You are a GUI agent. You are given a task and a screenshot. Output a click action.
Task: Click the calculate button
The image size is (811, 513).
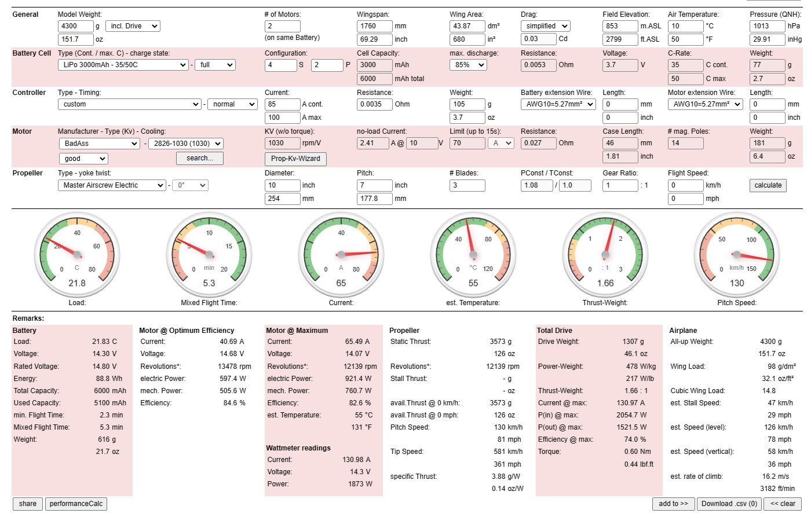pos(768,185)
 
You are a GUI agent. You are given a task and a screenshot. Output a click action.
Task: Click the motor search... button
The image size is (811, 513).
pos(199,158)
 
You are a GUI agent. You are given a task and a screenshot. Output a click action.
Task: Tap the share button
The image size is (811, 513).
pos(28,504)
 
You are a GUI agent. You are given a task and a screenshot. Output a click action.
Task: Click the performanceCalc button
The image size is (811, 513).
pos(76,504)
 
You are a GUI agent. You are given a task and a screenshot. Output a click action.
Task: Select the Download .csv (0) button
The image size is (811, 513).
pos(729,504)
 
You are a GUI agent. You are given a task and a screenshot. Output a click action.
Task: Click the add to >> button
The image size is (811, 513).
pos(673,504)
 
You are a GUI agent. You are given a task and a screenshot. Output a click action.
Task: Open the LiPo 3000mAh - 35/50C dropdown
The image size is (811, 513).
pos(123,65)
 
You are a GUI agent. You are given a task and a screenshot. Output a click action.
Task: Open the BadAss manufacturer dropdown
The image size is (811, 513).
pos(99,143)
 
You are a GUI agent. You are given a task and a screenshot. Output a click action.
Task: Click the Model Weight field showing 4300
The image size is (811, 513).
pos(75,26)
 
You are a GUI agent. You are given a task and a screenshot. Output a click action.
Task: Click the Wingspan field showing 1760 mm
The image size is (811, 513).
pos(374,26)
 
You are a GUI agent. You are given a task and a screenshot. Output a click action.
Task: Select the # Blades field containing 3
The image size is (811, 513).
pos(467,185)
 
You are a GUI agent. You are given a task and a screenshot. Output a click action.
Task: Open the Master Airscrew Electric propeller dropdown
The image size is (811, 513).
pos(112,185)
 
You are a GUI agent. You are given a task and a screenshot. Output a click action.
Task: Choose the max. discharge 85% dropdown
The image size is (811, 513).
pos(468,65)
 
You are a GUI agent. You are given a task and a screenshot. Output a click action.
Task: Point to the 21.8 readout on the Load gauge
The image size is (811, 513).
pos(77,283)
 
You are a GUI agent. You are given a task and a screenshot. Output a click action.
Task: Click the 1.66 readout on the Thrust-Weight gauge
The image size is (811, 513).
pos(605,283)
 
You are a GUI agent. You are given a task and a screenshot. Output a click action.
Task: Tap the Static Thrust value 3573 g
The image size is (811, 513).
pos(501,342)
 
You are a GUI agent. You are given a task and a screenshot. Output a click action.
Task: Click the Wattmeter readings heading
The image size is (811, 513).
pos(298,448)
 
